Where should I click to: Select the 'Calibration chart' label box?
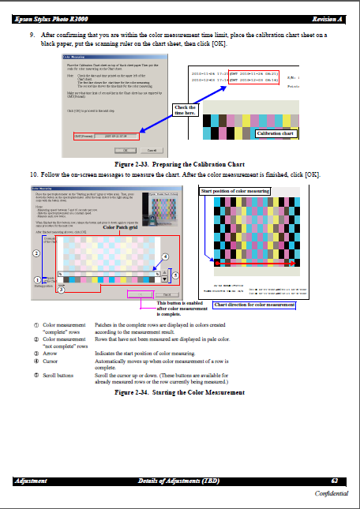tap(297, 134)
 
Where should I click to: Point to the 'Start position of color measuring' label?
tap(235, 191)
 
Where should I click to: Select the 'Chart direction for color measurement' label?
tap(254, 305)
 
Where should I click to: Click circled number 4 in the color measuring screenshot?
tap(165, 257)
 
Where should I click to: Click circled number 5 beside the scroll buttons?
tap(175, 275)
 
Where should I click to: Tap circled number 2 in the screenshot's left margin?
tap(36, 253)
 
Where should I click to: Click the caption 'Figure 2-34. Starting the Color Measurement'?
tap(179, 392)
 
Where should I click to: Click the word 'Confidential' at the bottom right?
tap(332, 492)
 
